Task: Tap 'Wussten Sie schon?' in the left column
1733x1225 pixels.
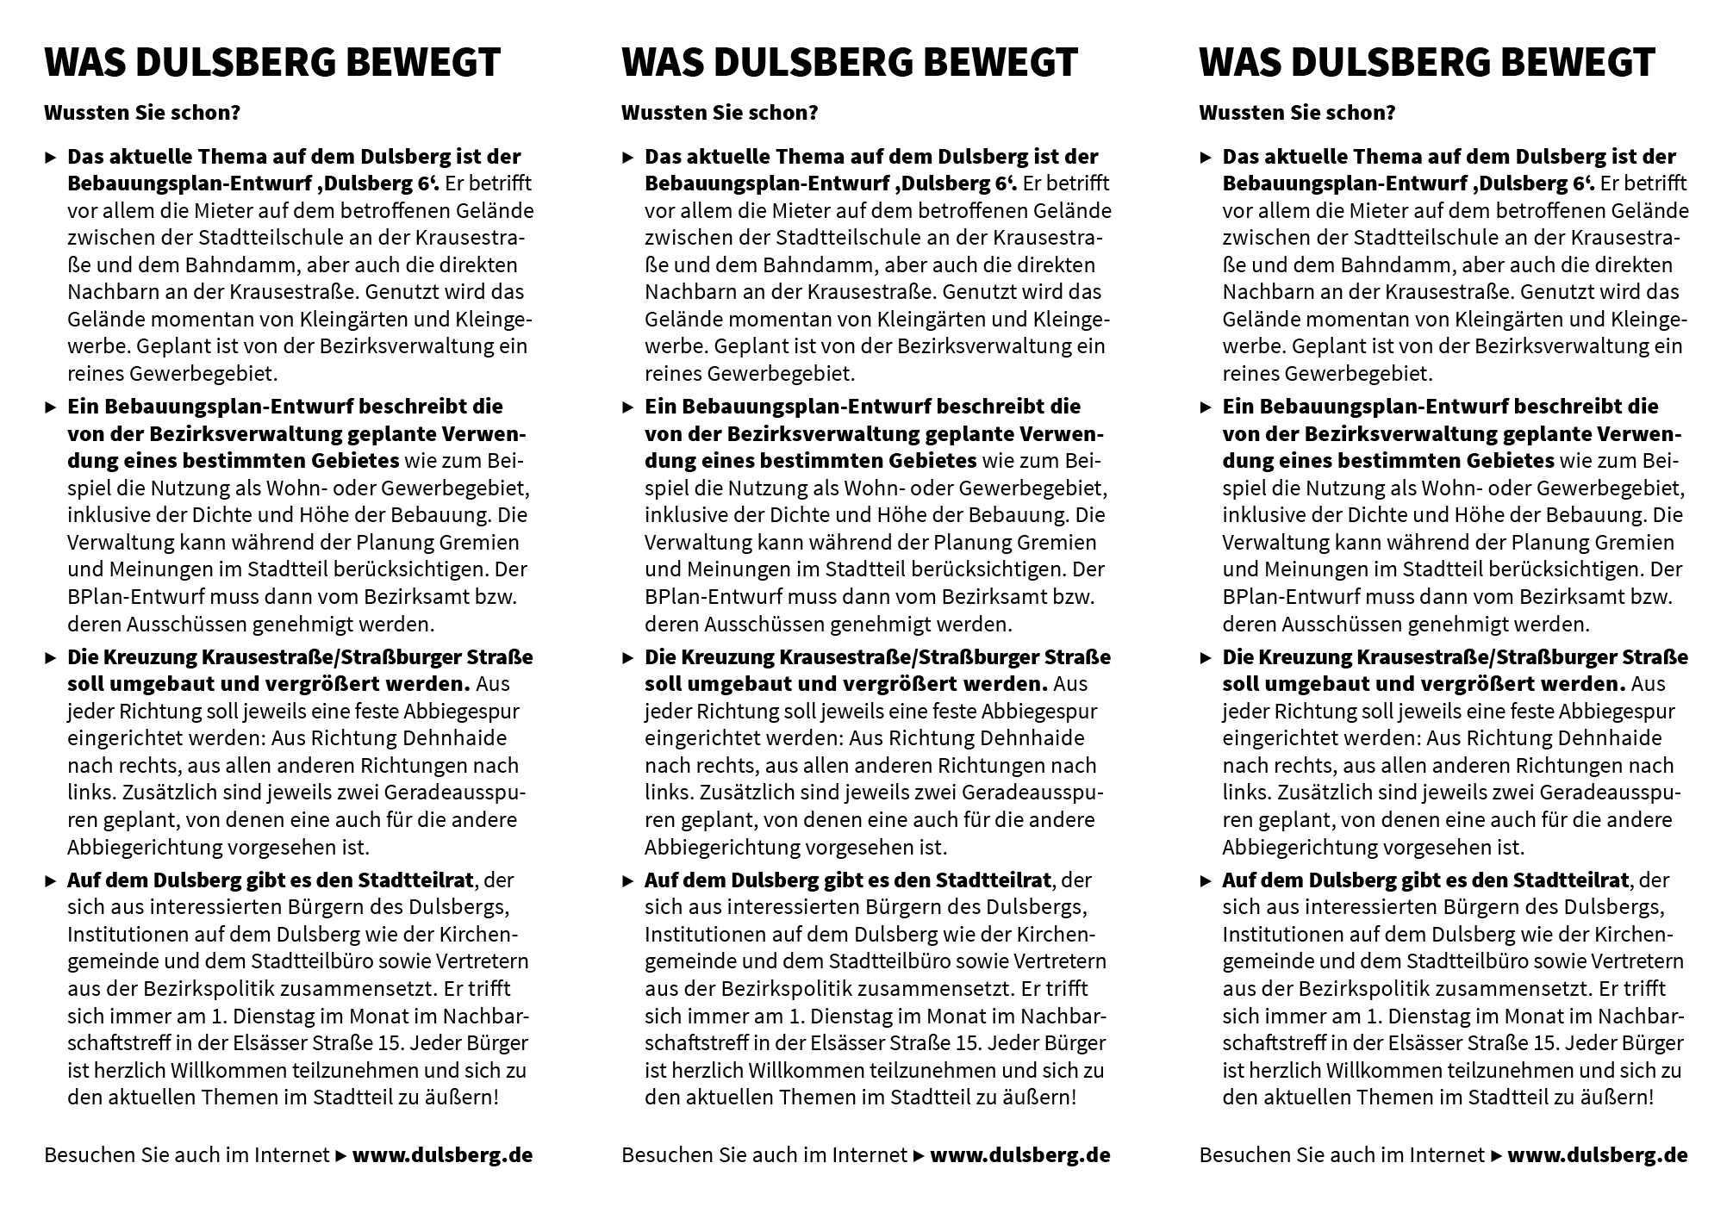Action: click(141, 113)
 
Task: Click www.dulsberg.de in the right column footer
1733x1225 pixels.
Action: click(1597, 1154)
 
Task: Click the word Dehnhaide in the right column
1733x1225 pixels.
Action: click(1618, 738)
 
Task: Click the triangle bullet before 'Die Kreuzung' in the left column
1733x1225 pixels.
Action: click(51, 658)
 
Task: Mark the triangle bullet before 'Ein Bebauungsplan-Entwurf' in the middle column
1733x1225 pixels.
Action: click(628, 407)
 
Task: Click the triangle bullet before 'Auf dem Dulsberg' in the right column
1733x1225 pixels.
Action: click(1206, 881)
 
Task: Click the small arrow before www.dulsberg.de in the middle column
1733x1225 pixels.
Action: click(919, 1155)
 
